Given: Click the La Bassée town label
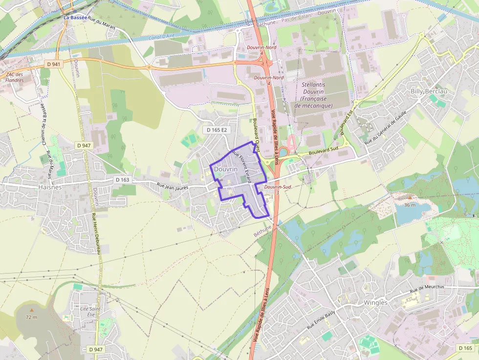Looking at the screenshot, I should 76,18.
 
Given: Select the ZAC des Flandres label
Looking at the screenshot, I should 15,77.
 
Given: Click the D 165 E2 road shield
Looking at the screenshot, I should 217,130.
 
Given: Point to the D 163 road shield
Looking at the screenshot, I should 122,180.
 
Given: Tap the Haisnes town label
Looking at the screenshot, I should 50,187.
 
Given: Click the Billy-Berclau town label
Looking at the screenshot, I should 429,91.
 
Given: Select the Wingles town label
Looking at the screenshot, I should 375,302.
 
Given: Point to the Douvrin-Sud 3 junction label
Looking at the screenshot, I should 277,190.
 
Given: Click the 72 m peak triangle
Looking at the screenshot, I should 32,310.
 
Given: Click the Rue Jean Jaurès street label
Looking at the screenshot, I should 173,186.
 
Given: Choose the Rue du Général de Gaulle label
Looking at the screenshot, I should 385,128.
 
